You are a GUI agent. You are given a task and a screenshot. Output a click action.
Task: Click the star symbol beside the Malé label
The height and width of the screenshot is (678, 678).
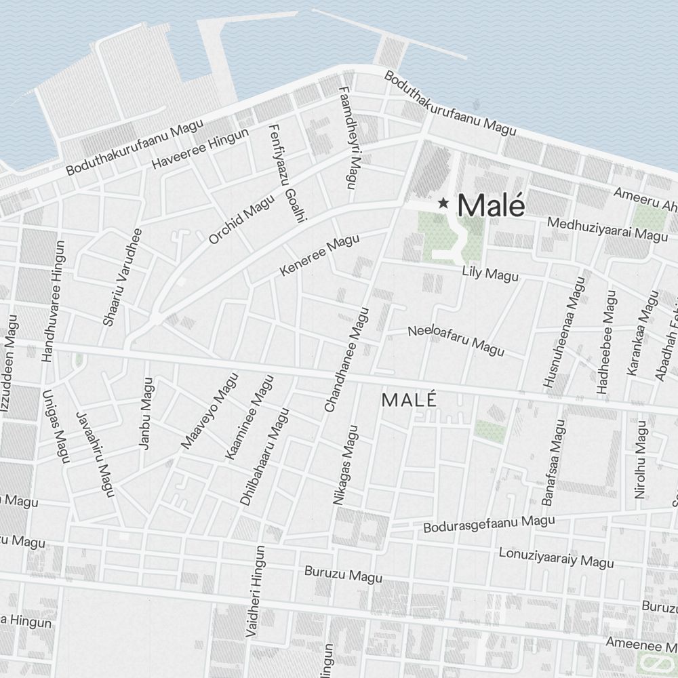click(443, 203)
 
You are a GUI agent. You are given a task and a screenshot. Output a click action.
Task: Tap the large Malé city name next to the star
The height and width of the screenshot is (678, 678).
click(492, 205)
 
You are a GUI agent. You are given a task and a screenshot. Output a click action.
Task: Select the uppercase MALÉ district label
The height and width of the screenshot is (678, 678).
click(409, 400)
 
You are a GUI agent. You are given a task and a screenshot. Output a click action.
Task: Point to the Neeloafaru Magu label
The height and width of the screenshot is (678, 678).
click(456, 341)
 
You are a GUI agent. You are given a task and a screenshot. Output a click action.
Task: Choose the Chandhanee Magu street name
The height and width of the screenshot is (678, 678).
click(346, 359)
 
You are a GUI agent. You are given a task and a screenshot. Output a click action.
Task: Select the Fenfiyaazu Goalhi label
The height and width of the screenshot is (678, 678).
click(288, 173)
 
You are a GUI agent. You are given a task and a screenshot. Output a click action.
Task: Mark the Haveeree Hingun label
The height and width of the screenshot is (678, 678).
click(201, 149)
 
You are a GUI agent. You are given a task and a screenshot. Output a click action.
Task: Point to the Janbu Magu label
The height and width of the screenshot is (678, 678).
click(146, 414)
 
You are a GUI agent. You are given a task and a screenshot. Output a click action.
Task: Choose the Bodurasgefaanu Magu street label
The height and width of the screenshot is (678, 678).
click(489, 523)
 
